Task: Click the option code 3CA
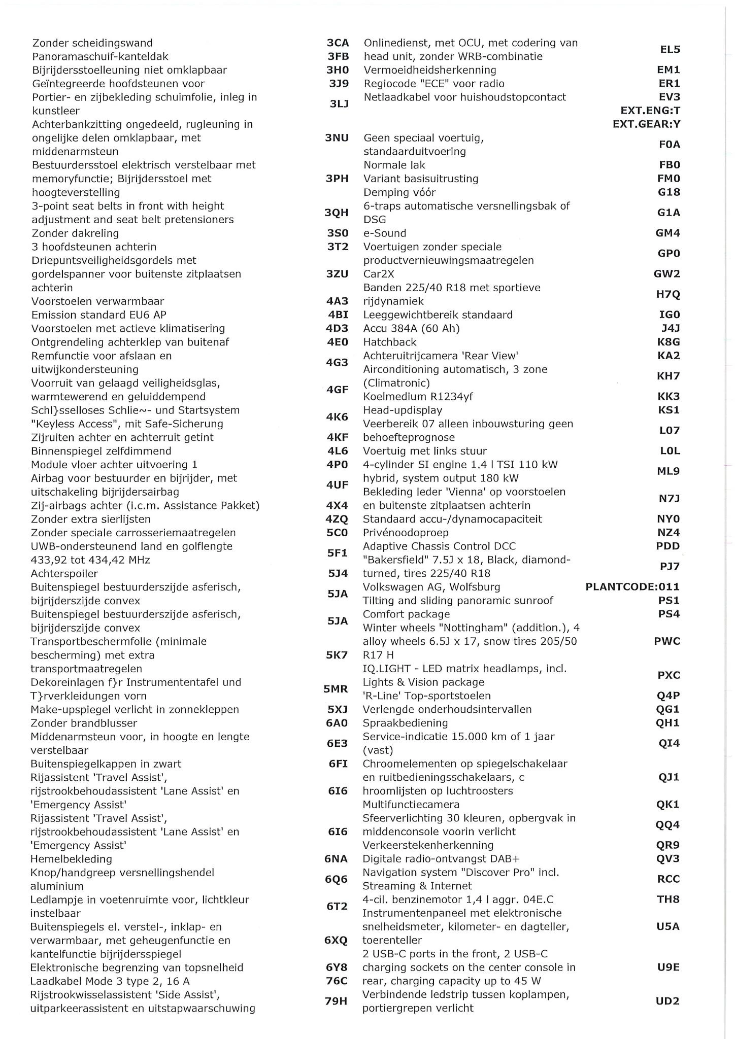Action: [338, 43]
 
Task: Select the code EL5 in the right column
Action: [670, 50]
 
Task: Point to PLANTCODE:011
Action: [632, 587]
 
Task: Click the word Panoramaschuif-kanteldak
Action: [100, 57]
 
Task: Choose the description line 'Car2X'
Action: [379, 274]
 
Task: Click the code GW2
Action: [666, 274]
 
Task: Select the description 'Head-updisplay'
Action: [403, 410]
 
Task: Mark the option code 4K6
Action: [337, 417]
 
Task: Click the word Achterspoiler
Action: [64, 574]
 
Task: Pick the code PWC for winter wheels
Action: [667, 641]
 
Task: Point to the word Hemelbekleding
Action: [71, 859]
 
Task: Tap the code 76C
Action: [337, 981]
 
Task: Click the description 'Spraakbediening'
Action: [405, 723]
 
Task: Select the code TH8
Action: [668, 899]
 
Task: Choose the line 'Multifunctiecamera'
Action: [411, 805]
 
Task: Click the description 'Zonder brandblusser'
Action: [84, 723]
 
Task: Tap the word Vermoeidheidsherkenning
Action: [430, 70]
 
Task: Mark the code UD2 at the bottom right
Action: [667, 1001]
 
